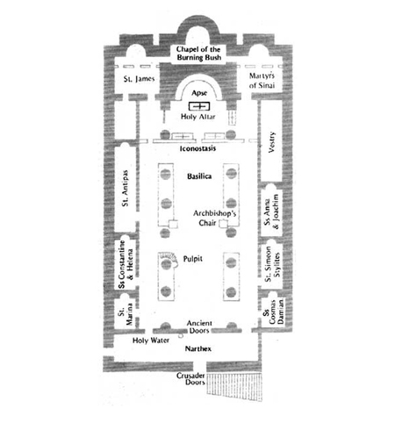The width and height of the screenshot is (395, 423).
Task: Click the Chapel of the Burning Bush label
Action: point(198,54)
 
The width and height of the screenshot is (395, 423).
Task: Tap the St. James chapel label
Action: point(139,79)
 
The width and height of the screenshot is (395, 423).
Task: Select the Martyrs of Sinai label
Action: point(262,81)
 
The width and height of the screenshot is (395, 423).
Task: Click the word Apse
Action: point(199,93)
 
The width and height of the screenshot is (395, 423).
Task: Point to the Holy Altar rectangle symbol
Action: point(199,106)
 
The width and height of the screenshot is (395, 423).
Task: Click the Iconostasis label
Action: point(197,148)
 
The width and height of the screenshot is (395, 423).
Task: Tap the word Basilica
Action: point(199,176)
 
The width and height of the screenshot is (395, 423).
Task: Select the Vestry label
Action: point(272,142)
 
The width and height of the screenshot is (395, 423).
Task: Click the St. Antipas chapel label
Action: point(125,188)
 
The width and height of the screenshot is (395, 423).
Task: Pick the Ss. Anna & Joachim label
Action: point(271,211)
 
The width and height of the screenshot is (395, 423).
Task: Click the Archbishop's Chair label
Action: point(214,218)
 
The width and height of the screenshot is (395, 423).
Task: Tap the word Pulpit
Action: point(193,259)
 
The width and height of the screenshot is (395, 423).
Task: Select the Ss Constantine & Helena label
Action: point(126,264)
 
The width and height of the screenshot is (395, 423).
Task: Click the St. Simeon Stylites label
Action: point(272,264)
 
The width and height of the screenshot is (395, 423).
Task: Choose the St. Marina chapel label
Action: point(126,314)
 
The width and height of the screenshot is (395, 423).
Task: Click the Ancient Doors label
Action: point(199,326)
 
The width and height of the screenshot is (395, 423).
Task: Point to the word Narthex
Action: point(198,348)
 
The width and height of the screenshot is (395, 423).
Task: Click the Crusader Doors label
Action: point(190,378)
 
